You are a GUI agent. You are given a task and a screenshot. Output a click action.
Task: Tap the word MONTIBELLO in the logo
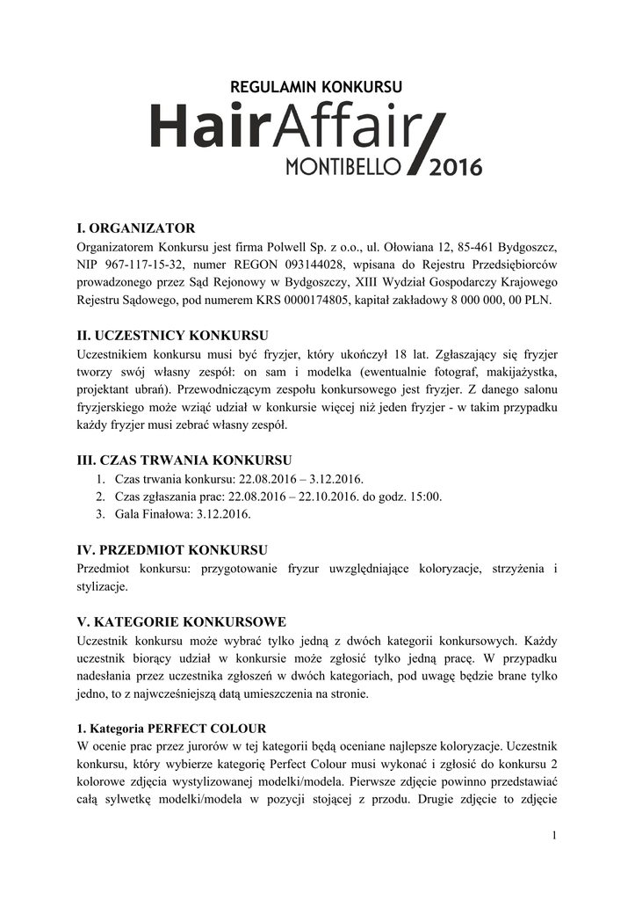point(343,167)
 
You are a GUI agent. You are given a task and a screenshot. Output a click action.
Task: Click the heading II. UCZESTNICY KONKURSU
point(173,336)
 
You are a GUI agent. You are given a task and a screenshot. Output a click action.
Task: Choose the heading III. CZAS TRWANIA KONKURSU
point(184,460)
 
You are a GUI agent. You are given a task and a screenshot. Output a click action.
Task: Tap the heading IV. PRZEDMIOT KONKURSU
point(173,550)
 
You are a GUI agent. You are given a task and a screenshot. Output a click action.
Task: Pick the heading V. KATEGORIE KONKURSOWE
point(182,621)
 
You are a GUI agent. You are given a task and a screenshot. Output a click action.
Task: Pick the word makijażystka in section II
point(518,372)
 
